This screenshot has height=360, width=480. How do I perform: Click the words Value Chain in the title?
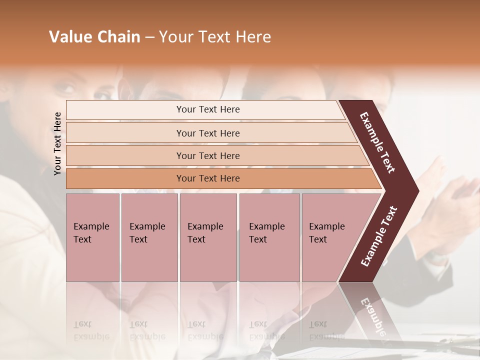94,37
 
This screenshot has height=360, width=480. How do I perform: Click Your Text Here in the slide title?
215,37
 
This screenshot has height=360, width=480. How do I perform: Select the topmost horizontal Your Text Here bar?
207,109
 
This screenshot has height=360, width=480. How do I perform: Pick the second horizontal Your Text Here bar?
207,133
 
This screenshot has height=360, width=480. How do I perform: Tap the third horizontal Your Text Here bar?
207,156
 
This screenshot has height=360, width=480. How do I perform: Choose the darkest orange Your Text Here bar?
207,178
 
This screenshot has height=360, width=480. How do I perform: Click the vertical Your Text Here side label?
57,143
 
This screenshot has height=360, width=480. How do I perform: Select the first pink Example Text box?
92,237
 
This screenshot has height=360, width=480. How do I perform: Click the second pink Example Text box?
149,237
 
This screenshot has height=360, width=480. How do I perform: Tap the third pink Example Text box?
207,237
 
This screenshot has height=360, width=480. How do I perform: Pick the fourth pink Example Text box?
269,237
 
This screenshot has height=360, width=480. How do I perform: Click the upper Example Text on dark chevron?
377,143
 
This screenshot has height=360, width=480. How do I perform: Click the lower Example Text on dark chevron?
378,236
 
